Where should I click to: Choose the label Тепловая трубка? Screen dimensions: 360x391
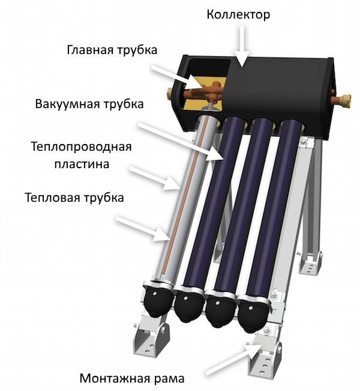click(74, 197)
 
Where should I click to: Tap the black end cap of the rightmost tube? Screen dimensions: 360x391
click(252, 315)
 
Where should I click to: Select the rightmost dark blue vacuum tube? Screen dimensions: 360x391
click(276, 210)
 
